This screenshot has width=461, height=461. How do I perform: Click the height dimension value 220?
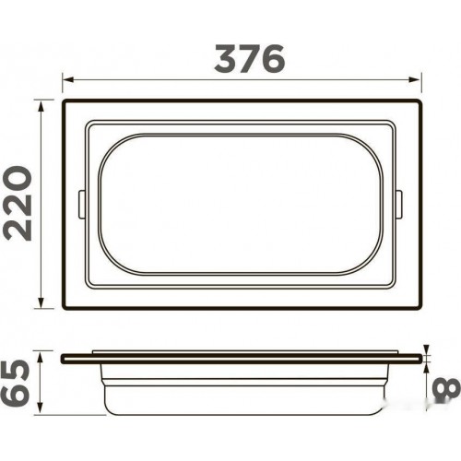(x=18, y=203)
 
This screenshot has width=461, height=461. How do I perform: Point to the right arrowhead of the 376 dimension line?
(x=420, y=80)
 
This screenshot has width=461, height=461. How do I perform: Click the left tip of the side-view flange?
(x=63, y=358)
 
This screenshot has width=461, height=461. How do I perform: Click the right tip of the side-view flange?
(x=426, y=358)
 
